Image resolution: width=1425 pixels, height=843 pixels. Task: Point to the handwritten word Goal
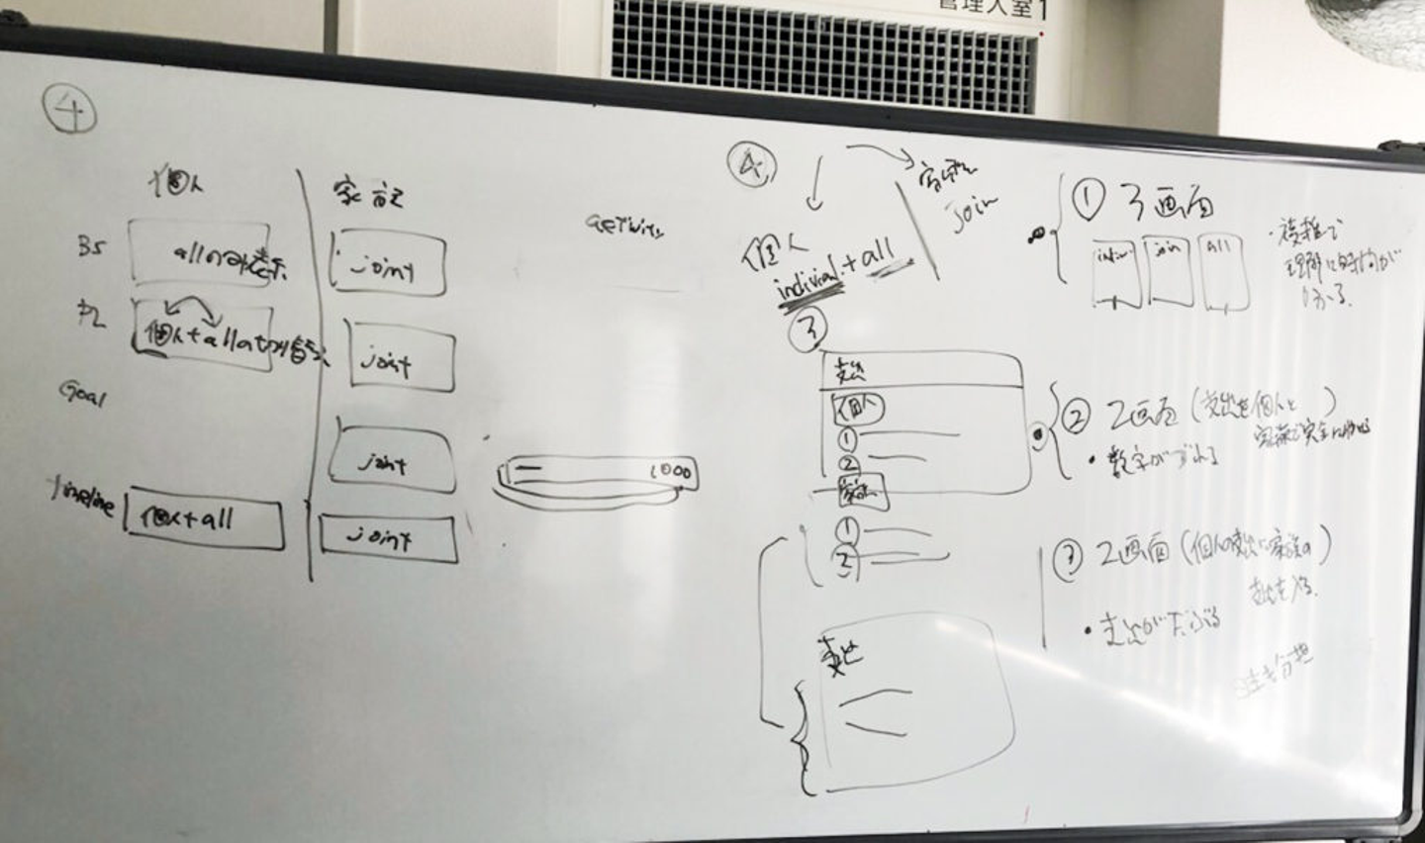click(82, 395)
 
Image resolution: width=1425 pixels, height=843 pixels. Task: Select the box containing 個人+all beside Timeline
click(205, 520)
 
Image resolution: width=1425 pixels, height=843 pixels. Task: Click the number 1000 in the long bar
click(671, 472)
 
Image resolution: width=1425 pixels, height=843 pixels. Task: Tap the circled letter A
click(751, 165)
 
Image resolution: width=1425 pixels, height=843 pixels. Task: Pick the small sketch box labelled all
click(1221, 272)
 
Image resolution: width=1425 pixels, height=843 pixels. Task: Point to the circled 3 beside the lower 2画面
click(1067, 561)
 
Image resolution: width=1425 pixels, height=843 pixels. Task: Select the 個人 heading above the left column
click(175, 183)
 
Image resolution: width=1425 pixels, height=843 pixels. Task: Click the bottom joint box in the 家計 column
click(388, 538)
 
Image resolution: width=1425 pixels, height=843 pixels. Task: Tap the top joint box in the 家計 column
click(387, 264)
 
